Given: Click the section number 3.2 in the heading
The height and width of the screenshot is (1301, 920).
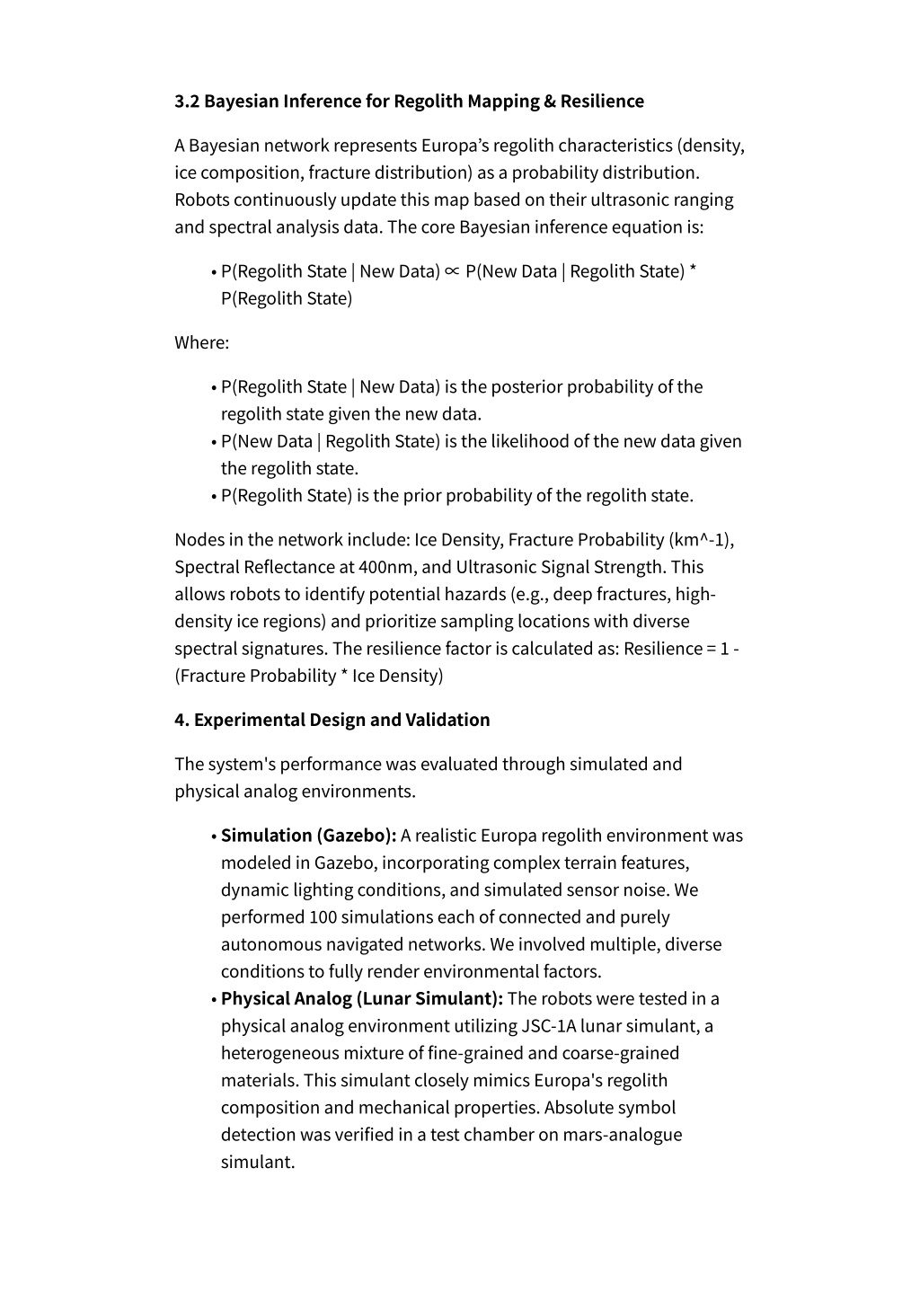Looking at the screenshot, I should [x=187, y=102].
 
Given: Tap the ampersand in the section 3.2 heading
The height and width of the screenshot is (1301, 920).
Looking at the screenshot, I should [x=549, y=102].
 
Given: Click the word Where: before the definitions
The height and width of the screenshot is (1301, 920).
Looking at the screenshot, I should [x=202, y=342].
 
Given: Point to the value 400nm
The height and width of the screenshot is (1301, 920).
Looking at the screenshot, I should [x=386, y=567].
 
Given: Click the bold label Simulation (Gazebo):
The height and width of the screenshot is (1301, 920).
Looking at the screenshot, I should [x=309, y=836].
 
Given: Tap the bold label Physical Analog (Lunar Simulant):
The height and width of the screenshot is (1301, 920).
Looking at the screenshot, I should [x=362, y=999].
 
